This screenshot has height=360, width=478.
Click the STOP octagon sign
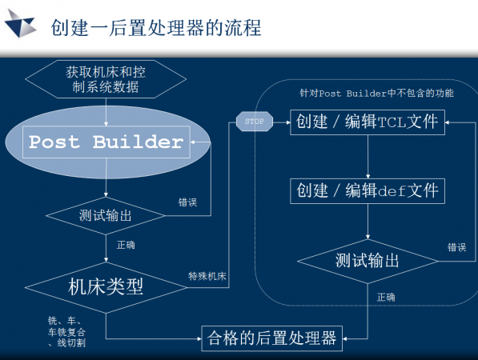point(253,122)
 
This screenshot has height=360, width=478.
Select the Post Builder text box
point(106,142)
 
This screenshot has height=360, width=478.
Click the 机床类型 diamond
point(106,286)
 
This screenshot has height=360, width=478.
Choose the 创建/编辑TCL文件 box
point(368,122)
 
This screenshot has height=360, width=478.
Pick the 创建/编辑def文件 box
point(368,191)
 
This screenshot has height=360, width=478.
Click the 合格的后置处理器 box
point(271,336)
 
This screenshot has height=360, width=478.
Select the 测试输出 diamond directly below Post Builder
point(106,216)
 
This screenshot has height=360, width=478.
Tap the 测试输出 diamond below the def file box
point(368,260)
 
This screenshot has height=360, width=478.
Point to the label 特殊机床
point(207,277)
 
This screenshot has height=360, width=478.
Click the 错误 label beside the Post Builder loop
point(189,202)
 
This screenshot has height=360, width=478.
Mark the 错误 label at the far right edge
point(457,247)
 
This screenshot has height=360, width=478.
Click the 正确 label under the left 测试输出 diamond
point(126,245)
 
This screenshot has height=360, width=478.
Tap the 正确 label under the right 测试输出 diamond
point(386,297)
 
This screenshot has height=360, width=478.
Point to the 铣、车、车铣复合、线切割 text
point(66,331)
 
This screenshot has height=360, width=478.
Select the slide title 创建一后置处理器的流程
point(155,28)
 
